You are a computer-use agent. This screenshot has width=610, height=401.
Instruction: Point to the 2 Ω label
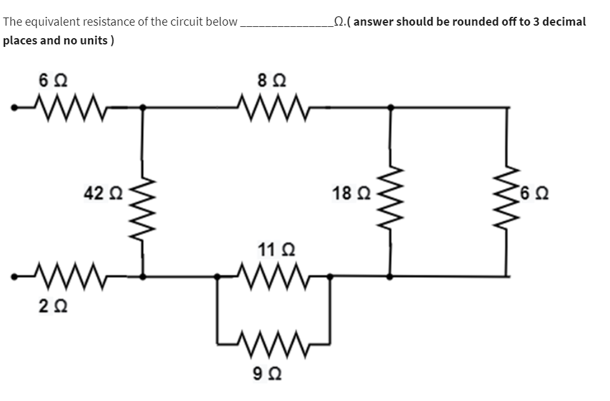[48, 307]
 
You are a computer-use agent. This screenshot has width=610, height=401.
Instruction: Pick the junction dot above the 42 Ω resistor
[143, 107]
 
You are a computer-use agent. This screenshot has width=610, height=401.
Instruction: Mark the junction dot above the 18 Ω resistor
[391, 107]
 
